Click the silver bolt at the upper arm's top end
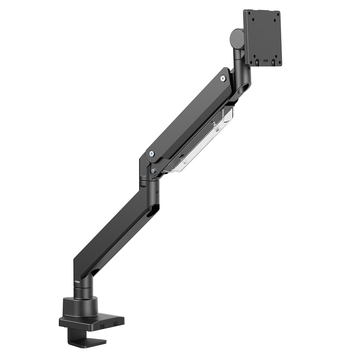(223, 79)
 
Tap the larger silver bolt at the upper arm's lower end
(152, 154)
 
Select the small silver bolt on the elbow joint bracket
(153, 171)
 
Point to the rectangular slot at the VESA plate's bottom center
(265, 61)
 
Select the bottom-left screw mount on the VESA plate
(257, 62)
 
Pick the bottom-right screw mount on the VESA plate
(273, 62)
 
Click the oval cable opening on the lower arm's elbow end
(154, 210)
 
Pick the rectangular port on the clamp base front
(115, 323)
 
